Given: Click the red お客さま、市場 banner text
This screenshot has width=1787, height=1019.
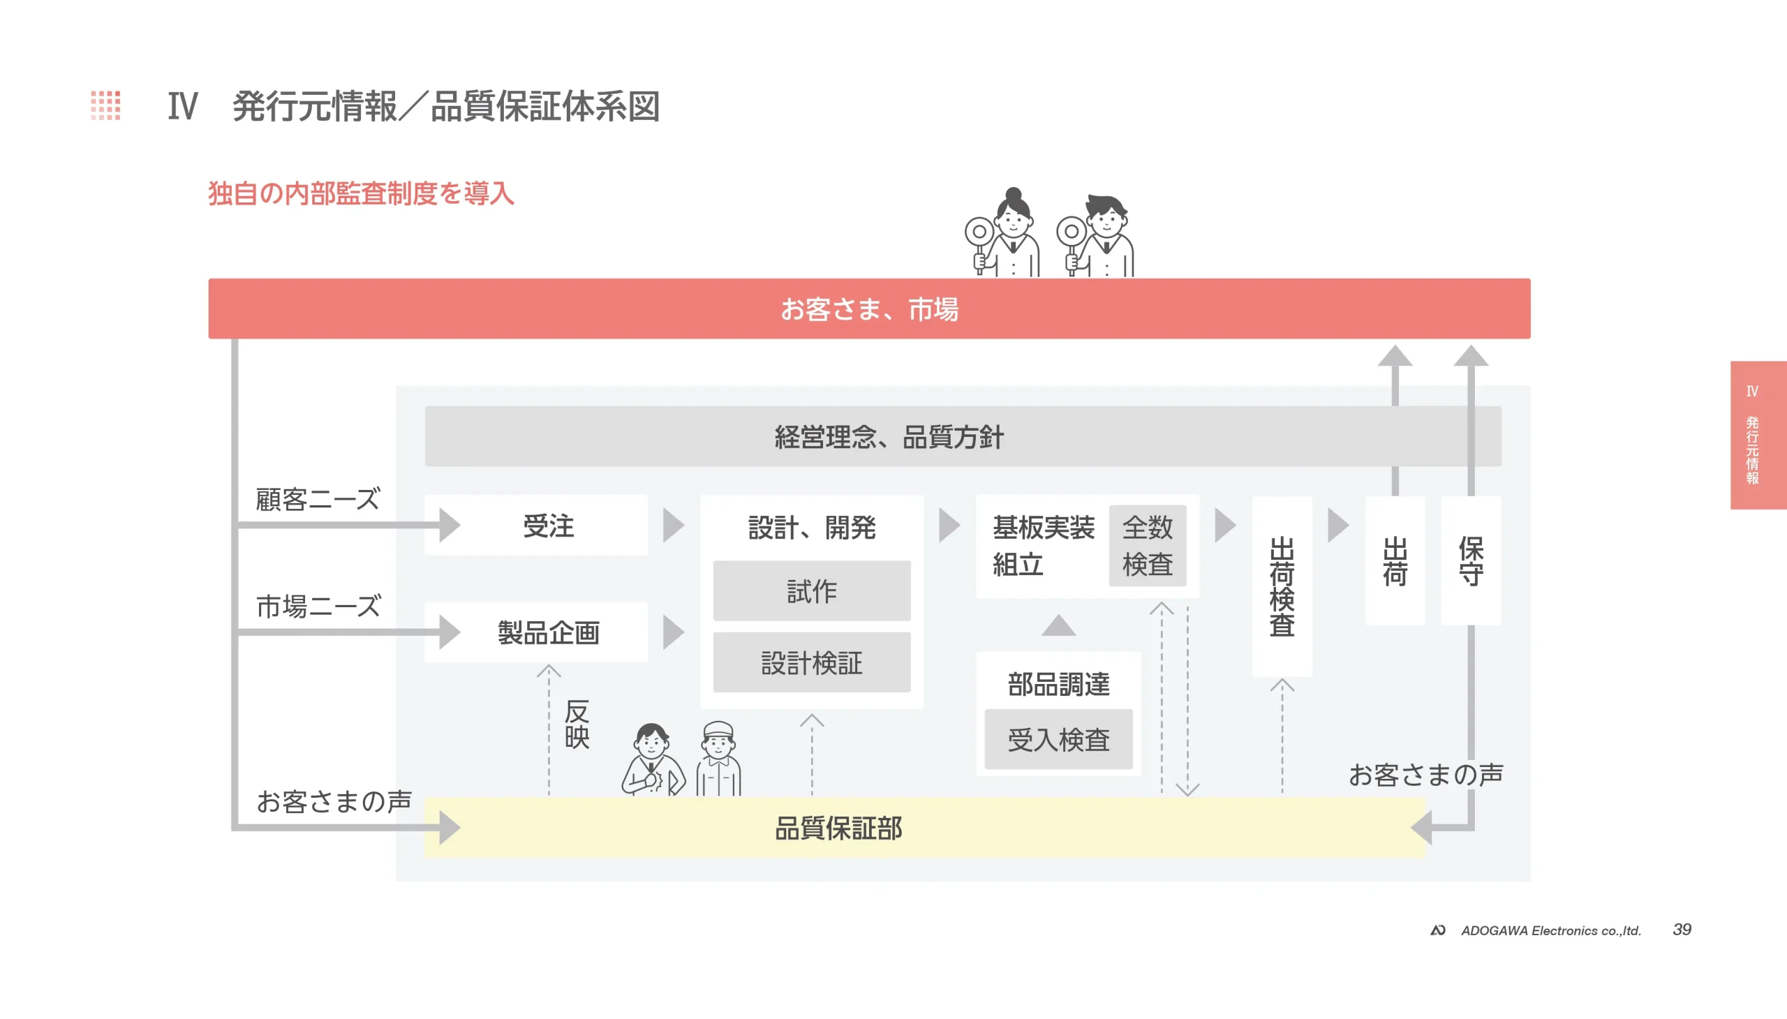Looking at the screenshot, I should coord(868,308).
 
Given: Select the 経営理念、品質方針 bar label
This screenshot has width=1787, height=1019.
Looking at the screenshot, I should coord(889,437).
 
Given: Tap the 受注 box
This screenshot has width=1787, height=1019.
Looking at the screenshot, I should coord(548,526).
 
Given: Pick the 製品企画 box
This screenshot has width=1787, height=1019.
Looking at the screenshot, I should coord(548,632).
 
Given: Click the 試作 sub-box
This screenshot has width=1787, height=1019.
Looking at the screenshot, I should coord(811,591).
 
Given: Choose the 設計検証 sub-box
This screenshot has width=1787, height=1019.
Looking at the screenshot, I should coord(811,663).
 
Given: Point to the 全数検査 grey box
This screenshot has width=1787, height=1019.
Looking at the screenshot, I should coord(1146,545).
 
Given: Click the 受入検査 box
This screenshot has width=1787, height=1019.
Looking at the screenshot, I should coord(1058,740).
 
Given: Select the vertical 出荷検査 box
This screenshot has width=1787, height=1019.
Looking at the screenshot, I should coord(1281,586).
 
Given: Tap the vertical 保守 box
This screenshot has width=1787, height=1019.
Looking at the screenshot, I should coord(1470,560).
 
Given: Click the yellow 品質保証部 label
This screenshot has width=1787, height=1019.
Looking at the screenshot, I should coord(838,828).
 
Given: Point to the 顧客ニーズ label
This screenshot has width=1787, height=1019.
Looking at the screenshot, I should coord(317,499).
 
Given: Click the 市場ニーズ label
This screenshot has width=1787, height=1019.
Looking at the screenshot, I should coord(318,606).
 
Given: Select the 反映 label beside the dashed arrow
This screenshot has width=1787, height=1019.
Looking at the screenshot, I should coord(577,724).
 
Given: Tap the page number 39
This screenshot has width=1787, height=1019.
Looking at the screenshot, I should coord(1682,930).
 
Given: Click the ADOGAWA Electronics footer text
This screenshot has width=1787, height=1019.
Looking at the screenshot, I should coord(1550,930).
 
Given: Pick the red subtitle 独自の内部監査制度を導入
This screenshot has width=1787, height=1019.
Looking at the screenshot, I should coord(360,193).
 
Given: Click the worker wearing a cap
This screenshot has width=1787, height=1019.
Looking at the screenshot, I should coord(718,758).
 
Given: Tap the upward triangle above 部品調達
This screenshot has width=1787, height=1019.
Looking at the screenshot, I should coord(1058,625).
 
